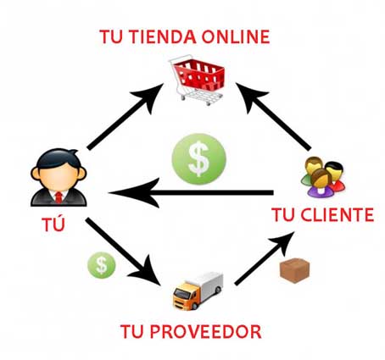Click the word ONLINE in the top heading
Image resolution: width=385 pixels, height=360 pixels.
pos(235,36)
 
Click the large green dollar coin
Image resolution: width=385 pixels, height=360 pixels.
pos(199,159)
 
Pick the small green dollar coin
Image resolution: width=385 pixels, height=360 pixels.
pos(102,265)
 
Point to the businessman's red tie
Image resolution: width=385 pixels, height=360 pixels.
pos(59,197)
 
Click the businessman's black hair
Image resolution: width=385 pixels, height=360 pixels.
pos(59,159)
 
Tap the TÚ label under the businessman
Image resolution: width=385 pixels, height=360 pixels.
pos(53,224)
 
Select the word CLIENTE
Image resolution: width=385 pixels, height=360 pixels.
pos(337,215)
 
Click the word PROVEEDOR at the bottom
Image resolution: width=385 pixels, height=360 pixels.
pos(205,331)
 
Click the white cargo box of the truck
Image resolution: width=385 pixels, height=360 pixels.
pos(208,285)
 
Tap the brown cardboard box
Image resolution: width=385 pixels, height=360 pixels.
pos(294,270)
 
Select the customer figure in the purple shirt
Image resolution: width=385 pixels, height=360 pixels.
pos(321,183)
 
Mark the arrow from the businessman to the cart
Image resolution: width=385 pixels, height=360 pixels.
pos(126,116)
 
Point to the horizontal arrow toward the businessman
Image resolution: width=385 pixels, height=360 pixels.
pos(191,193)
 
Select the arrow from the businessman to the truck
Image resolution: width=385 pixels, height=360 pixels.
pos(124,252)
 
